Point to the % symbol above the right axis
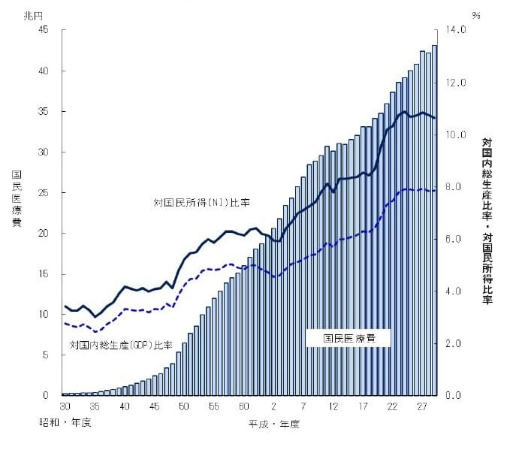click(476, 14)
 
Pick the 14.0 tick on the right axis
click(457, 30)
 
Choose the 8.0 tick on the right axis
click(457, 186)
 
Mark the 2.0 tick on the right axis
click(457, 343)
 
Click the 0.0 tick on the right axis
click(457, 395)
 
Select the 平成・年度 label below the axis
click(274, 424)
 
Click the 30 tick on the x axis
click(65, 406)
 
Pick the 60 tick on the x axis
click(244, 406)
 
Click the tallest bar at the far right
click(434, 225)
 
